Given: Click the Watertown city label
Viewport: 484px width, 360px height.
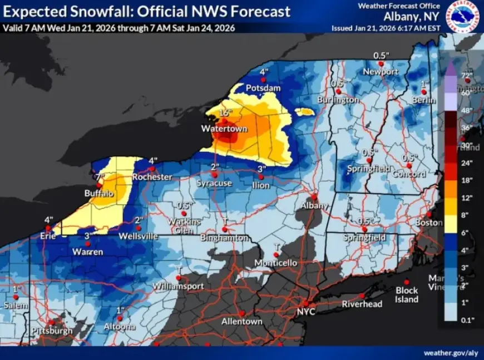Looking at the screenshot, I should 224,129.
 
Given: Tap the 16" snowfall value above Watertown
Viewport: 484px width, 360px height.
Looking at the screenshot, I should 225,113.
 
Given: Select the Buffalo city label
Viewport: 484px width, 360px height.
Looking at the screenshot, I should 99,194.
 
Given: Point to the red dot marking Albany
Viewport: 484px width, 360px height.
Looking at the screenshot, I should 314,196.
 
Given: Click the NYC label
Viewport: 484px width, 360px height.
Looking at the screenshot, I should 306,312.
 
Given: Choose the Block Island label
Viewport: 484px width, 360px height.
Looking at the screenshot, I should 407,295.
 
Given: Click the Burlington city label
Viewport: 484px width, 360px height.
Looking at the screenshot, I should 338,100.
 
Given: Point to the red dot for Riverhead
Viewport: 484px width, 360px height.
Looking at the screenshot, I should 362,296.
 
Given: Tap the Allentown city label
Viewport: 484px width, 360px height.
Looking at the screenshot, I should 241,322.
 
